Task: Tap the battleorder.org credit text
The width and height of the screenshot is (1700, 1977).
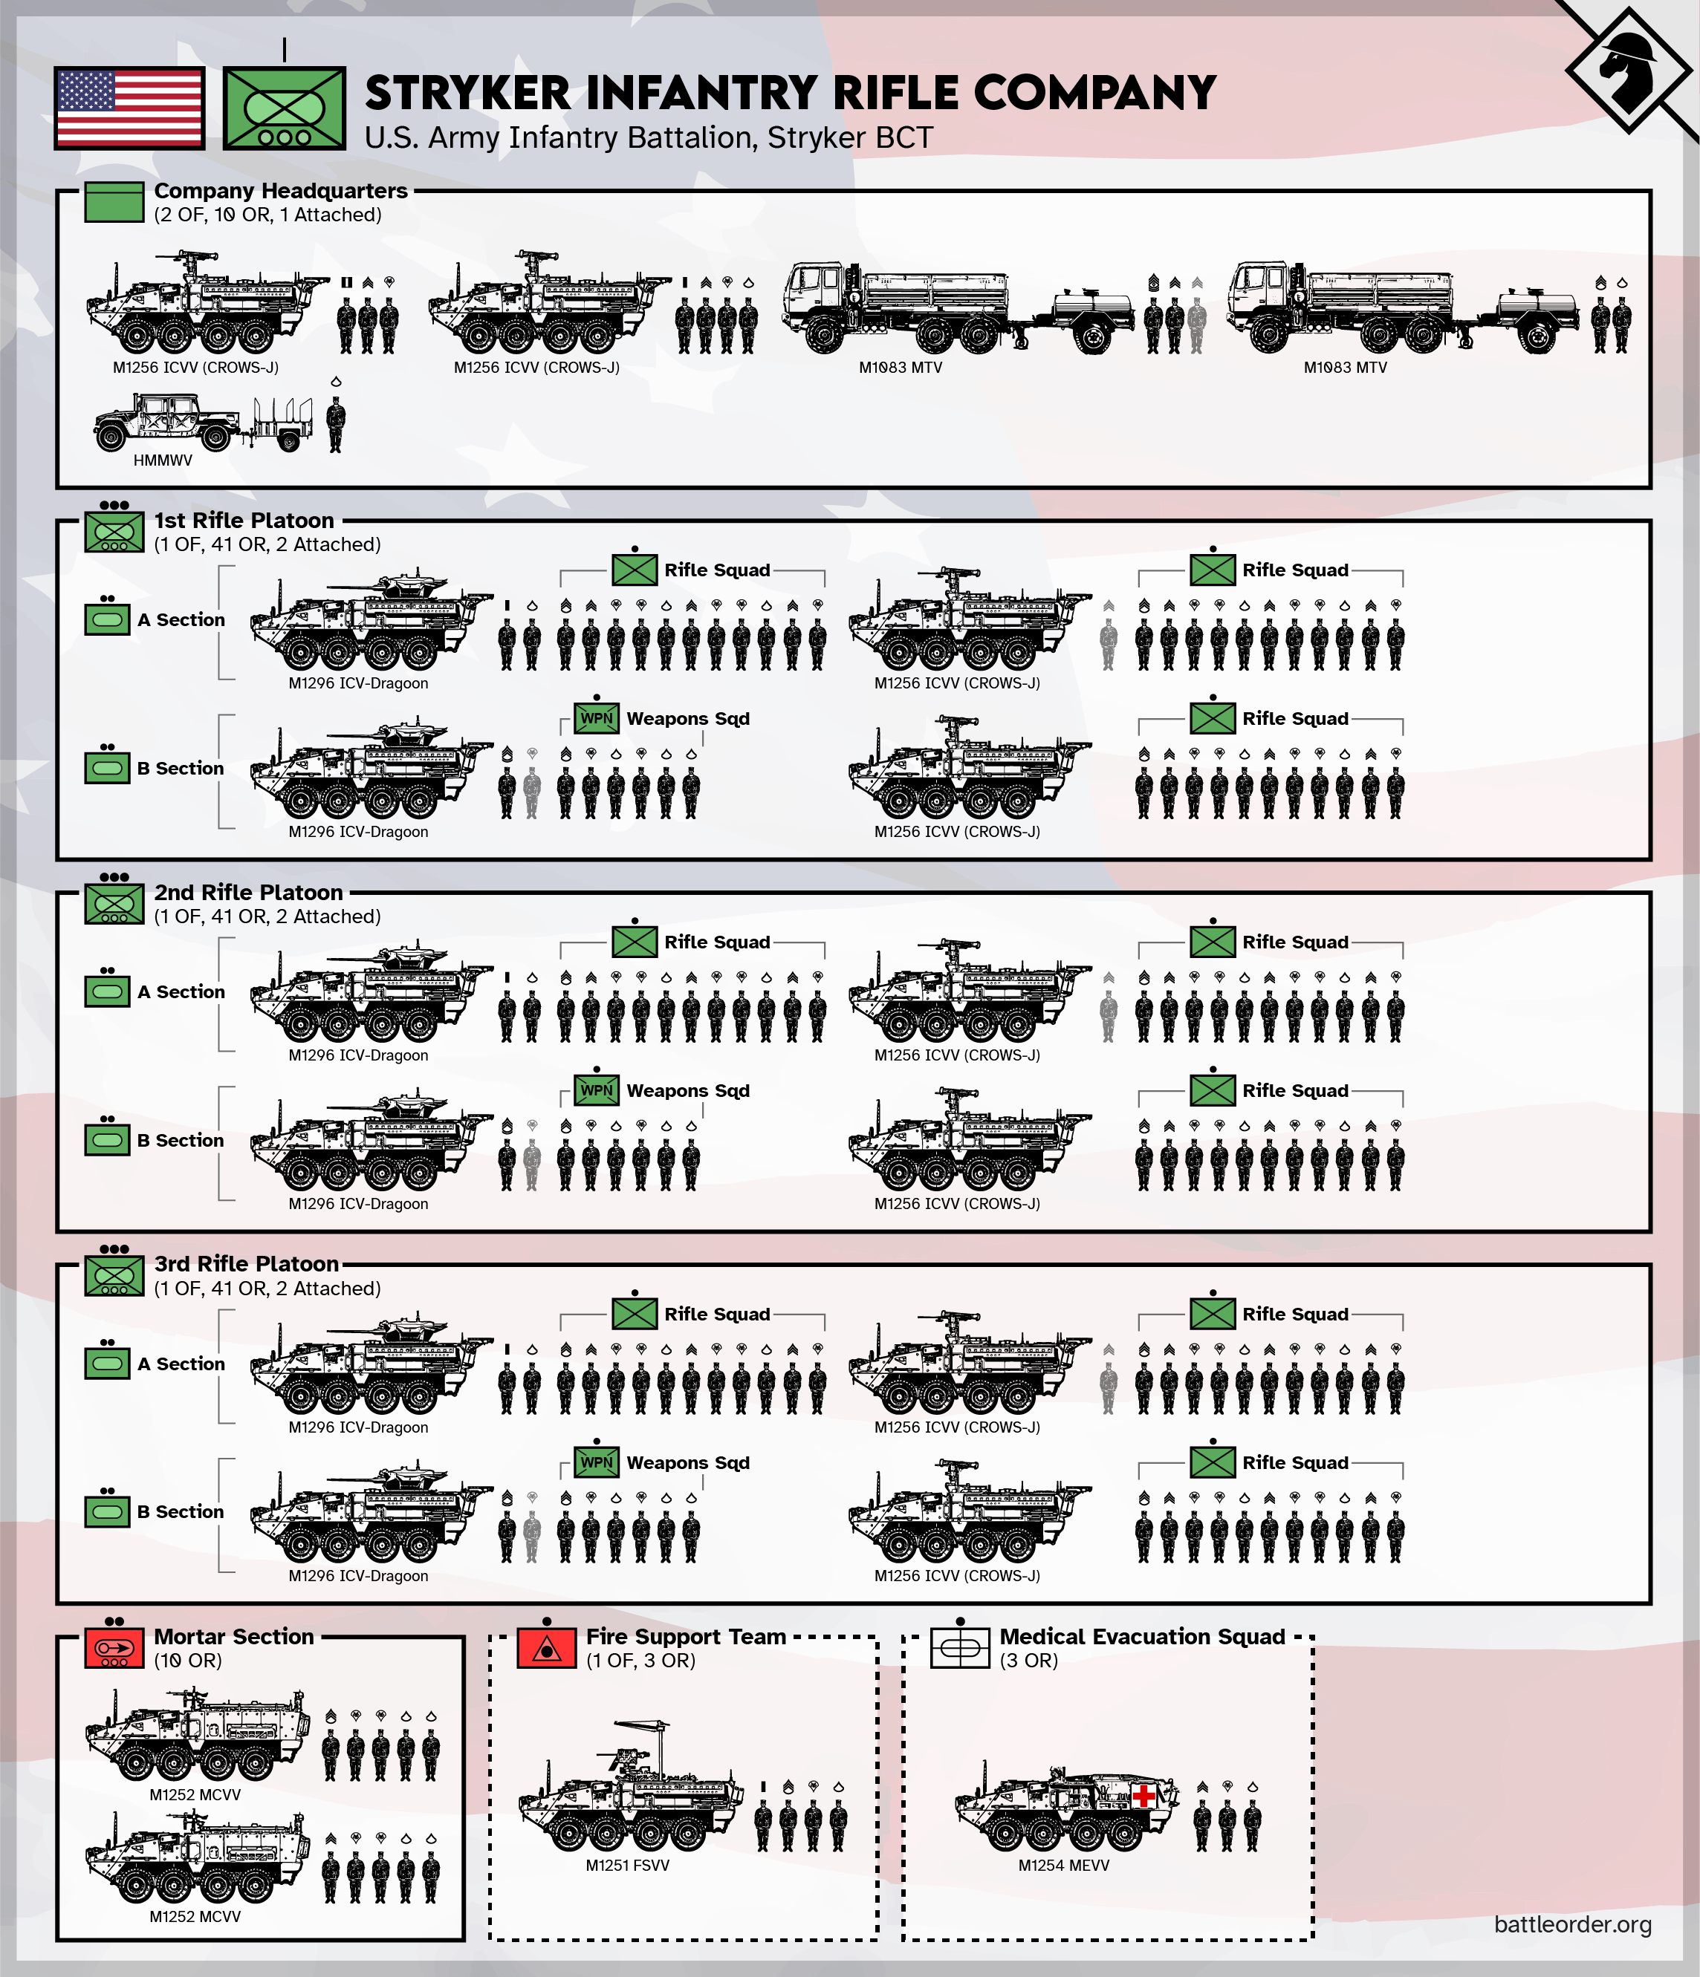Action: (1572, 1924)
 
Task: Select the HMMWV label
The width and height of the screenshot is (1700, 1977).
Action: (162, 460)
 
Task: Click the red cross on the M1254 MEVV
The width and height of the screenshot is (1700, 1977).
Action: (1143, 1797)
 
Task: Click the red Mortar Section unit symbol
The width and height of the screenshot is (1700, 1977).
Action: (114, 1648)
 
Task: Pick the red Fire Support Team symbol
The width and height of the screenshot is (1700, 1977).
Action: (546, 1648)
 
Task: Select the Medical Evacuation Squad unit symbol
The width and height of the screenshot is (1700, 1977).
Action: (959, 1648)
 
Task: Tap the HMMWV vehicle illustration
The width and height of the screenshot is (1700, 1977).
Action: (162, 423)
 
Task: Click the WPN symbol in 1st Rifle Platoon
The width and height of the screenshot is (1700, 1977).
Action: (597, 718)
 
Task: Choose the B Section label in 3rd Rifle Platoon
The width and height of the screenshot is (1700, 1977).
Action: (180, 1511)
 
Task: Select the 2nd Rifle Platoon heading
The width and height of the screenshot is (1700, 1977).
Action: (248, 892)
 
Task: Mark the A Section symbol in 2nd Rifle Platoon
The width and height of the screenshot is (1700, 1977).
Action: (107, 991)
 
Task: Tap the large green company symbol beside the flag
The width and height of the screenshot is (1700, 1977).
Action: (284, 108)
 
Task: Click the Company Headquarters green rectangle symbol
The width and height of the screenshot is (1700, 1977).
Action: (114, 202)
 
